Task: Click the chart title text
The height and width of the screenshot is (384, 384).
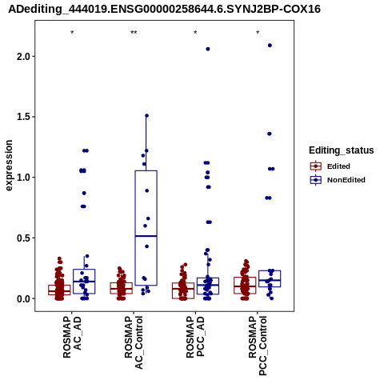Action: coord(164,10)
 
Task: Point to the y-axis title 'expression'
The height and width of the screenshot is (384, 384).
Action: coord(9,166)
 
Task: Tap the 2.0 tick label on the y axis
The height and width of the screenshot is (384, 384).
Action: coord(24,57)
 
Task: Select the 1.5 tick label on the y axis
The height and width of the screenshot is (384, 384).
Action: coord(24,117)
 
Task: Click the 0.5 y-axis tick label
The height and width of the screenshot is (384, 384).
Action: coord(24,238)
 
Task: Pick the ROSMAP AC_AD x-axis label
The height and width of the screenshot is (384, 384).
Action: coord(72,337)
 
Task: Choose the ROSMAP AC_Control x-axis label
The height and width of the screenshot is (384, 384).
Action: coord(134,342)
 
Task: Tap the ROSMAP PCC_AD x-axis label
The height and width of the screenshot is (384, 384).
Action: coord(195,337)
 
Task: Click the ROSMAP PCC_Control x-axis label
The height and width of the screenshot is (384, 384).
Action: coord(258,346)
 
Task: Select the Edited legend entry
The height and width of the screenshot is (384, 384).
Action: coord(330,166)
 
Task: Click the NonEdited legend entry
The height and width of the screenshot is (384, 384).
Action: coord(338,180)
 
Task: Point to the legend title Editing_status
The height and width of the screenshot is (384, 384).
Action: coord(342,150)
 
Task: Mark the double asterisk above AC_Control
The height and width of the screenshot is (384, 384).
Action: coord(134,33)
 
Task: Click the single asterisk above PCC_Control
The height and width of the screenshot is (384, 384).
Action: coord(258,33)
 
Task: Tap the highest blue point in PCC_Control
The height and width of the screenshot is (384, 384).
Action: coord(270,46)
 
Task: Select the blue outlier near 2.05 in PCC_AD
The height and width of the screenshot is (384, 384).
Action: coord(208,49)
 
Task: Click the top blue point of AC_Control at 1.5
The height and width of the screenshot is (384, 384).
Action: coord(146,116)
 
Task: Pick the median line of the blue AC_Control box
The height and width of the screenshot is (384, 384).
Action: coord(146,236)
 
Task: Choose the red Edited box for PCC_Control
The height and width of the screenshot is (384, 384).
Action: coord(245,286)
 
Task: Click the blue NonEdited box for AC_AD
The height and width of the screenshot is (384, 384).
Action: coord(84,282)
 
